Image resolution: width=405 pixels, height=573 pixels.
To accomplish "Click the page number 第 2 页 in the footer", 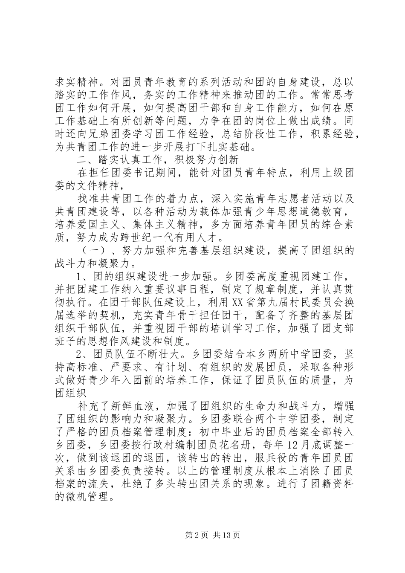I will coord(192,535).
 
